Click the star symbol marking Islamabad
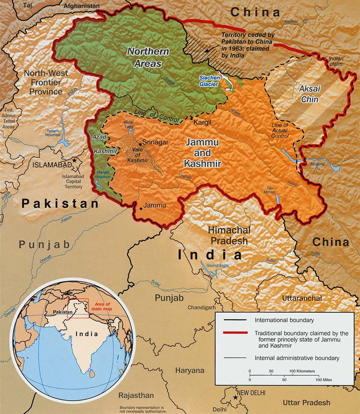point(75,161)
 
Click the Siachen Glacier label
point(209,81)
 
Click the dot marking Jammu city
point(141,209)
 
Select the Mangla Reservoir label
point(102,174)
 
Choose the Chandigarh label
point(201,307)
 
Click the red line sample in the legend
point(235,333)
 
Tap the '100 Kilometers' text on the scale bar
point(302,371)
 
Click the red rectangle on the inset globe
point(79,308)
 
